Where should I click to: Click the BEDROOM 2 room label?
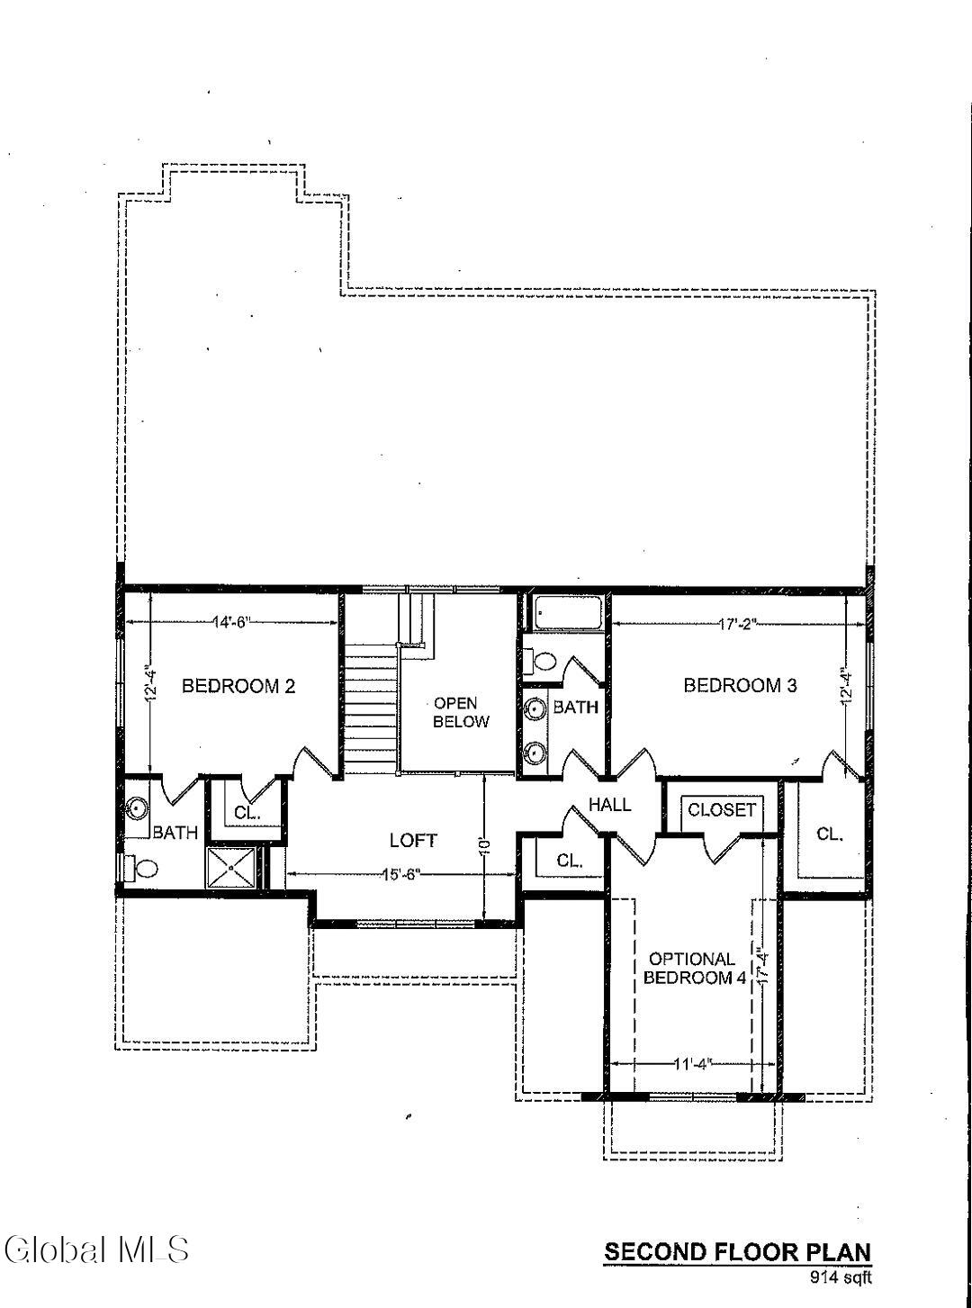(238, 686)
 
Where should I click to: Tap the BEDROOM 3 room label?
(740, 685)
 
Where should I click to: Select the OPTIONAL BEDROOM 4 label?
(691, 969)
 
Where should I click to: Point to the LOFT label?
(413, 841)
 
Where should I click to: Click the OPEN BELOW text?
(461, 712)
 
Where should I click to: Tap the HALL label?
(610, 804)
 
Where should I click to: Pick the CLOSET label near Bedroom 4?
(722, 809)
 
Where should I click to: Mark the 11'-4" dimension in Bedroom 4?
(693, 1063)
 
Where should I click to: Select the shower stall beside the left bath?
(233, 869)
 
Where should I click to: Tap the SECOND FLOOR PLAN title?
(737, 1251)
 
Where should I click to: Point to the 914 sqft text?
(841, 1276)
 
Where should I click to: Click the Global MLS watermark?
(96, 1249)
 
